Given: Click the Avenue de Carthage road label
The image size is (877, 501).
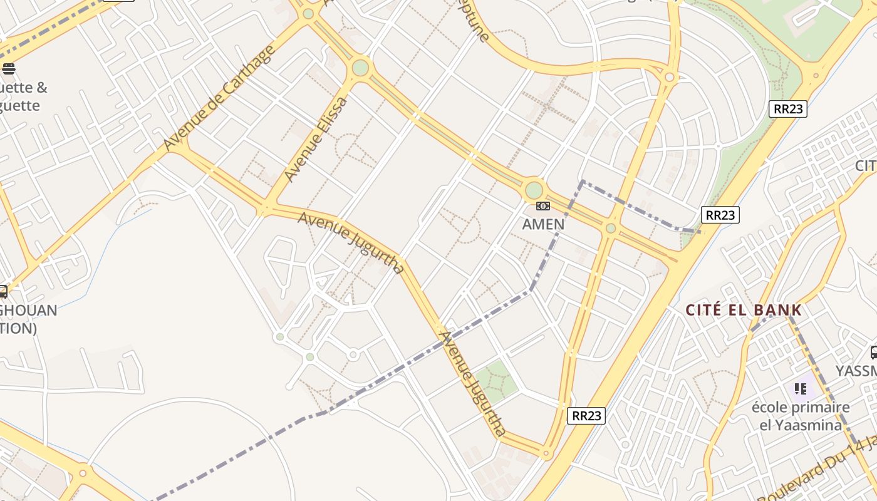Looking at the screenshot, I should click(x=219, y=98).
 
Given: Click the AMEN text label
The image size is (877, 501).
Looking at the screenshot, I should click(x=543, y=224).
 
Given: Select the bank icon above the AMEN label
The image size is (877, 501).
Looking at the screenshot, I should click(x=543, y=206).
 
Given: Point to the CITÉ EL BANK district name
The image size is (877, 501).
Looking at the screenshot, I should click(x=744, y=310).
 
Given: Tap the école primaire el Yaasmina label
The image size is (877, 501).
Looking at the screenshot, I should click(x=801, y=416).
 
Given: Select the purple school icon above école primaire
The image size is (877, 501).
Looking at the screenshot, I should click(x=800, y=389).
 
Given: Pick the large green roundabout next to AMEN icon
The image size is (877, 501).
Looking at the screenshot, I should click(x=534, y=190).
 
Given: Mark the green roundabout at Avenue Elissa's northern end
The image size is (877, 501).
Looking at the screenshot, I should click(x=360, y=67).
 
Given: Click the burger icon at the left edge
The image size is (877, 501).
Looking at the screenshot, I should click(x=8, y=69).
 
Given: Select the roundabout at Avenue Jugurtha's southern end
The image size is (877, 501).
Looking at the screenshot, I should click(x=546, y=453).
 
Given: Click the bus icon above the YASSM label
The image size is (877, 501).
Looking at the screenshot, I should click(x=873, y=353).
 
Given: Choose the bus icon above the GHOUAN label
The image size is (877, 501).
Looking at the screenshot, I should click(x=3, y=291).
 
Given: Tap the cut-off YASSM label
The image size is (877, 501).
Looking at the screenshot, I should click(x=856, y=371).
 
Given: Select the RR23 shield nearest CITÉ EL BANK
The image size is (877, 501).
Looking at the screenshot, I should click(x=720, y=215).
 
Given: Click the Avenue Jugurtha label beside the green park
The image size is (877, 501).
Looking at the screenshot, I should click(x=472, y=383).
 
